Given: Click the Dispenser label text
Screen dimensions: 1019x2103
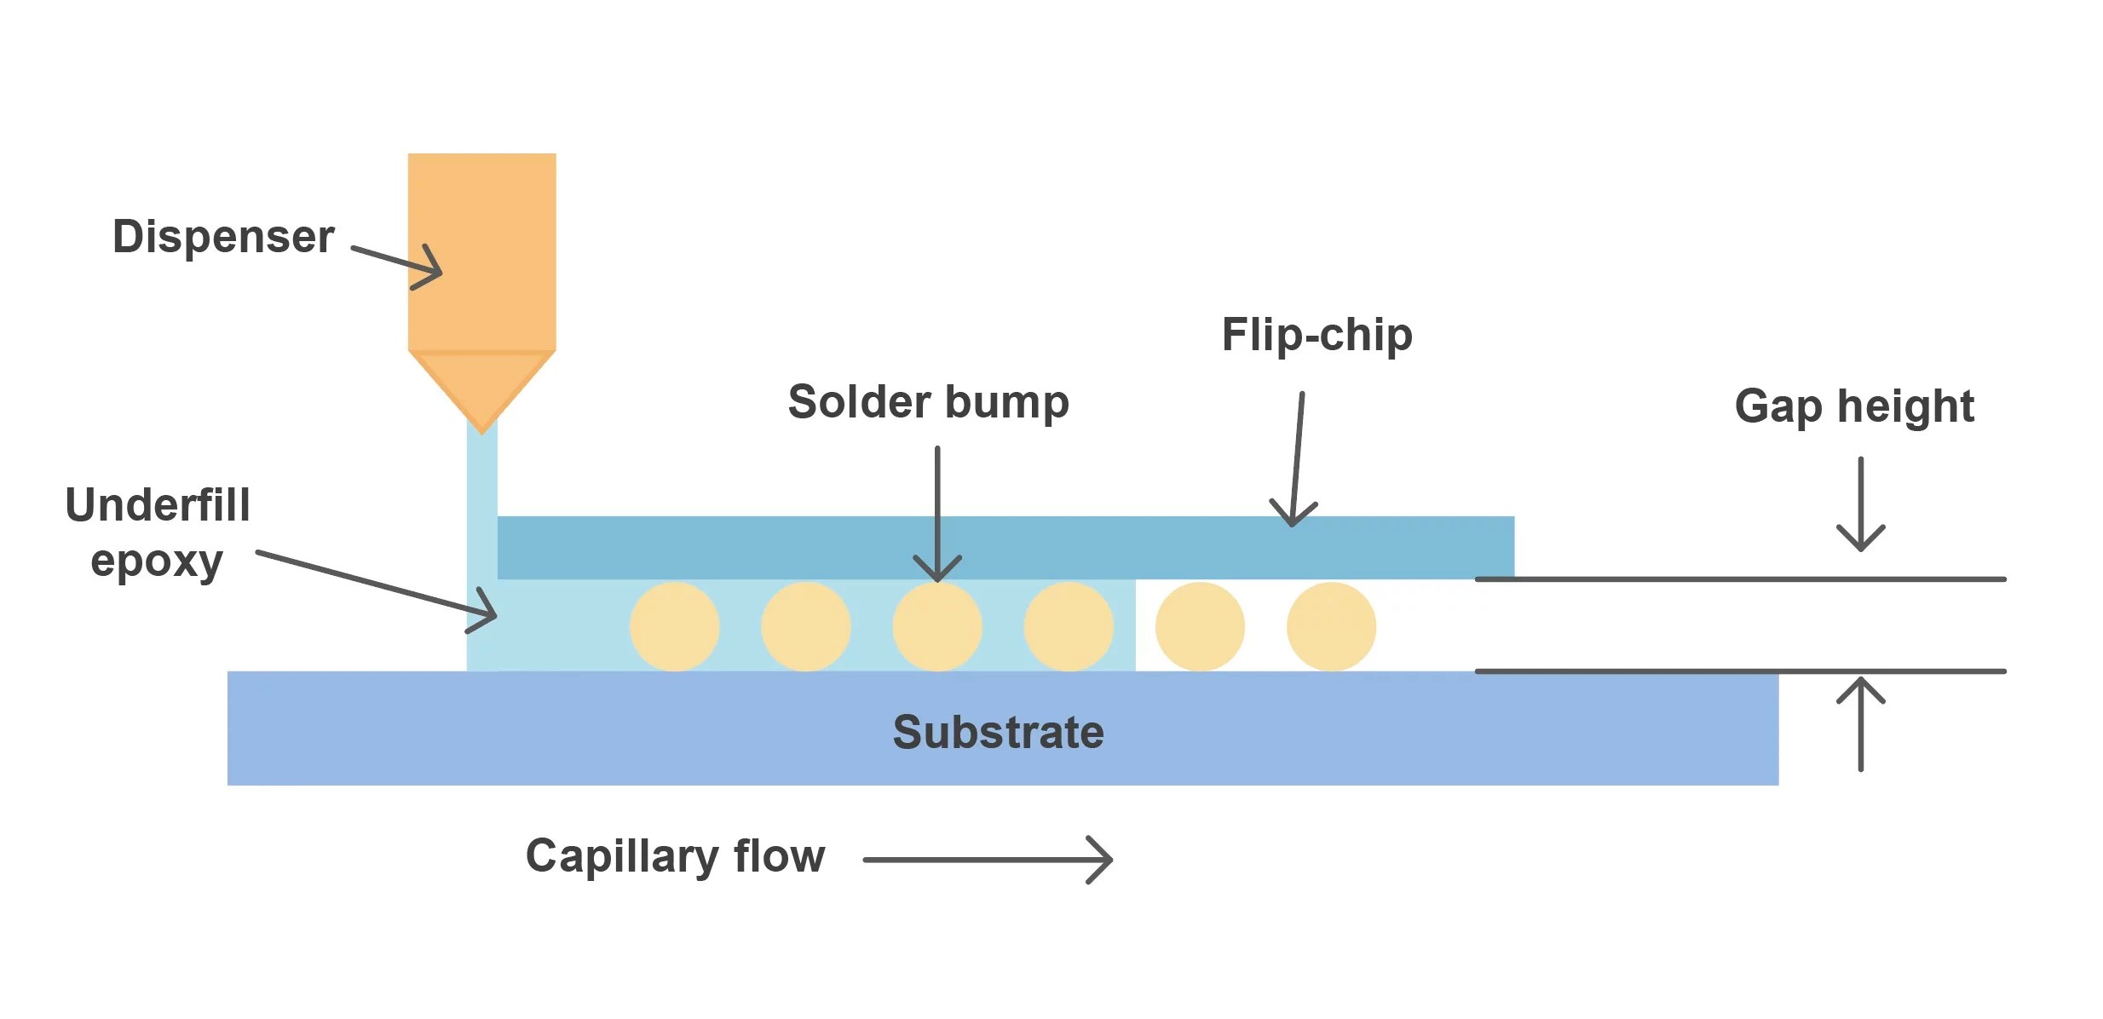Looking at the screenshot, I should click(223, 236).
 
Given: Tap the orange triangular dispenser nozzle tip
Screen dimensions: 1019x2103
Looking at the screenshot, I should click(481, 388).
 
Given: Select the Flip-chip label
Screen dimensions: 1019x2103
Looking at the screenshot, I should click(1317, 334).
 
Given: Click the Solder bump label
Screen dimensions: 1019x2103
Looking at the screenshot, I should click(928, 401).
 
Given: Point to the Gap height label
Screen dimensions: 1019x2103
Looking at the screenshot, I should click(1854, 406).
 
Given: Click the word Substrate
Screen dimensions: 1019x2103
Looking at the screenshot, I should click(998, 732).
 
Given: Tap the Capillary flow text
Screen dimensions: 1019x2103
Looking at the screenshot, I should click(675, 855).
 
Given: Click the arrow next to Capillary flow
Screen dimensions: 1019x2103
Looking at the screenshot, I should click(988, 860).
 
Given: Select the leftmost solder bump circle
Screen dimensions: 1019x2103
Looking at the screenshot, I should click(674, 627).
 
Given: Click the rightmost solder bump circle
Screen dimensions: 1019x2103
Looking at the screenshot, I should click(1331, 627).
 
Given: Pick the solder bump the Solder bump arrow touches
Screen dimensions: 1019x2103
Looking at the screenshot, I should click(937, 627).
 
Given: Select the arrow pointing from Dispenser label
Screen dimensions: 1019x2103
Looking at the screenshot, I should click(397, 261).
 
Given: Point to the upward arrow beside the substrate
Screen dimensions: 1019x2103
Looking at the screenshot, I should click(1860, 724).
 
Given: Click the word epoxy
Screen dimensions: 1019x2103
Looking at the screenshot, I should click(157, 562).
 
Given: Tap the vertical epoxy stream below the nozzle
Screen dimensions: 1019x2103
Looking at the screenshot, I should click(481, 477).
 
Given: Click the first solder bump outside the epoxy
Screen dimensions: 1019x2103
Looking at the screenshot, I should click(1200, 627).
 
